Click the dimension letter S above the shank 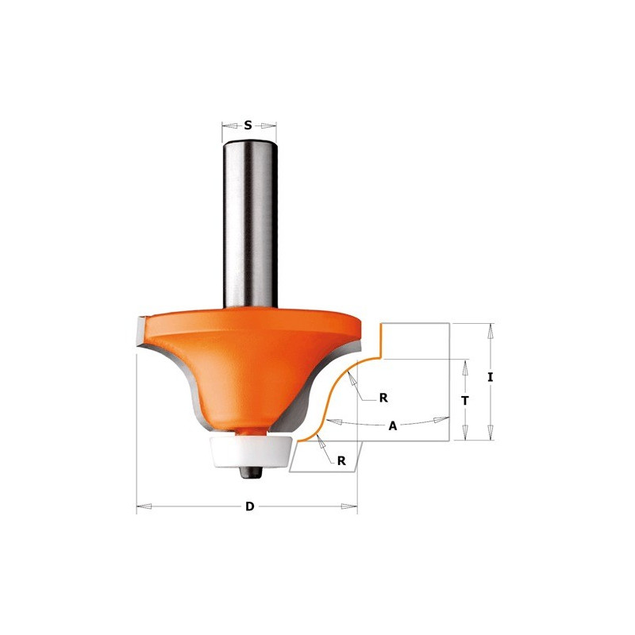(x=248, y=125)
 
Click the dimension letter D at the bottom (x=250, y=506)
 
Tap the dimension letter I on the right (x=491, y=378)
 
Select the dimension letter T (x=465, y=401)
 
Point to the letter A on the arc (x=393, y=426)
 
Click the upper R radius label (x=383, y=398)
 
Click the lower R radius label (x=341, y=461)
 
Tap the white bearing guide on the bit (x=251, y=452)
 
